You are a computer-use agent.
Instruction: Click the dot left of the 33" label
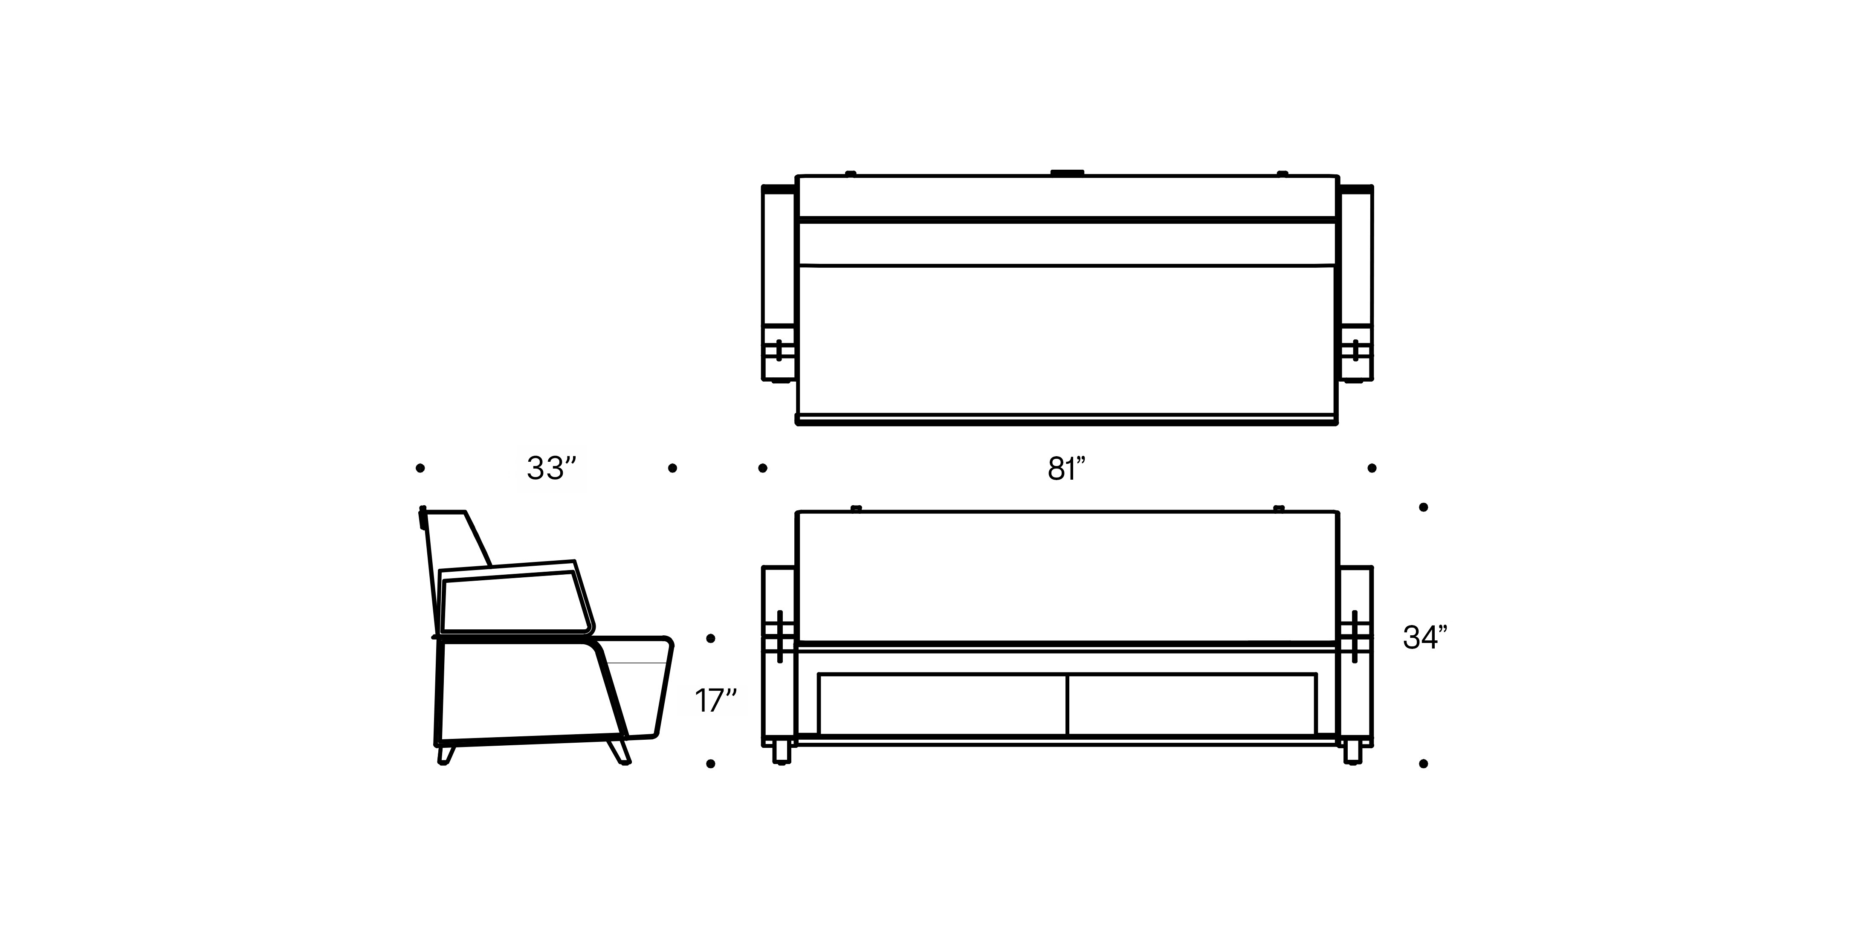(x=420, y=468)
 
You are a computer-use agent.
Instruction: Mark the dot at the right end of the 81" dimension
(x=1372, y=468)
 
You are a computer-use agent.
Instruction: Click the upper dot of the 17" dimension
(x=711, y=639)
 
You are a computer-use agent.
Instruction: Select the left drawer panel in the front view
(x=943, y=704)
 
